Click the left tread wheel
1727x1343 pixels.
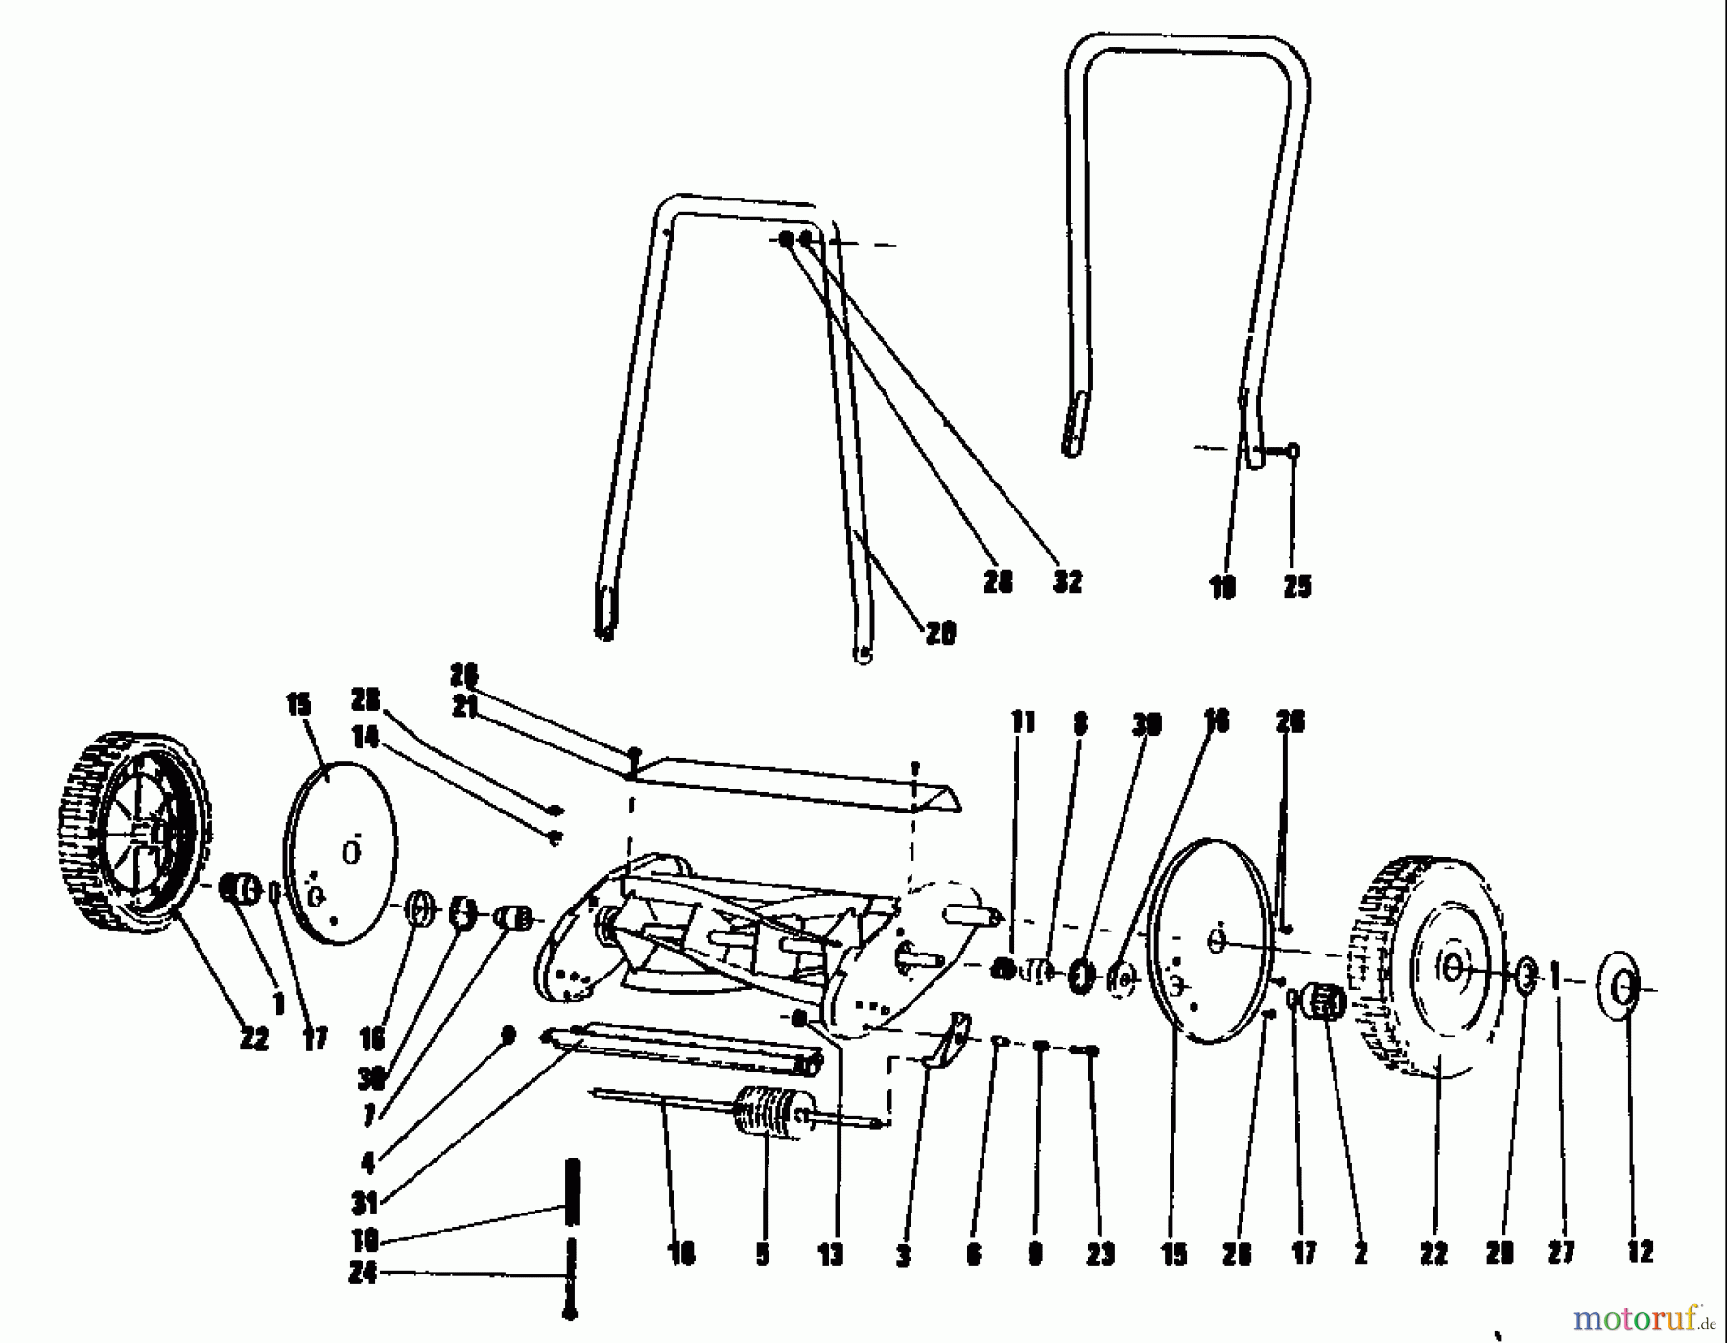pyautogui.click(x=130, y=833)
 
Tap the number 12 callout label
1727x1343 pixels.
pyautogui.click(x=1640, y=1251)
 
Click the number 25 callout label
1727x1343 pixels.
pyautogui.click(x=1296, y=586)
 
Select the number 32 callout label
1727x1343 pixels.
pyautogui.click(x=1067, y=580)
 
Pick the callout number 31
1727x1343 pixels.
pyautogui.click(x=366, y=1200)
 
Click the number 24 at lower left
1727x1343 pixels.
pyautogui.click(x=363, y=1273)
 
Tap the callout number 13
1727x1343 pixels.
pyautogui.click(x=831, y=1254)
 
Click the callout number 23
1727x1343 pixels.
pyautogui.click(x=1100, y=1254)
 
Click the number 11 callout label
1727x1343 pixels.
pyautogui.click(x=1024, y=720)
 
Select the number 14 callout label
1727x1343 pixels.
pyautogui.click(x=366, y=737)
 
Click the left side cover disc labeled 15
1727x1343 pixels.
pyautogui.click(x=342, y=853)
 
